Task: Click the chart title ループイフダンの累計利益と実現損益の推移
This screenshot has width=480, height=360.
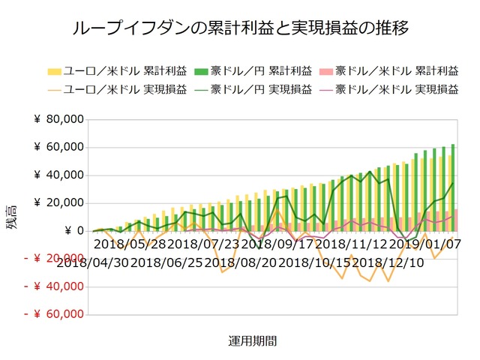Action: pyautogui.click(x=240, y=28)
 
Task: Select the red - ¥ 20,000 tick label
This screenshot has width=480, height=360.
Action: pyautogui.click(x=52, y=259)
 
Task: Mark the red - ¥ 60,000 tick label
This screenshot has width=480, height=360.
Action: pyautogui.click(x=52, y=315)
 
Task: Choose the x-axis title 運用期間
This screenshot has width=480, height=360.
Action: pyautogui.click(x=252, y=341)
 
